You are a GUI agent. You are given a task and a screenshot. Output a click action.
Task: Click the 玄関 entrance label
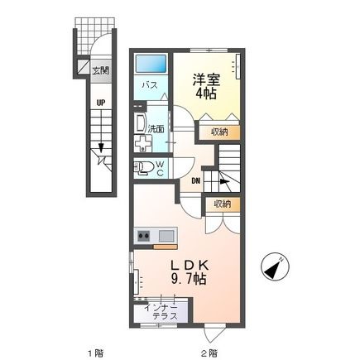point(100,70)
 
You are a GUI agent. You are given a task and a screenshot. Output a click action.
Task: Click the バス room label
point(151,84)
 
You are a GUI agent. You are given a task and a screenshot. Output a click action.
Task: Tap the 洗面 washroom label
point(156,128)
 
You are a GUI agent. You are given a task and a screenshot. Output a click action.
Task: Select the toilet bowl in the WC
point(142,170)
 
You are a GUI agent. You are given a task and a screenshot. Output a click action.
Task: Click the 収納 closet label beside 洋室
point(218,131)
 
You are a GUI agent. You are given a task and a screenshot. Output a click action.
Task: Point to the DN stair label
point(196,182)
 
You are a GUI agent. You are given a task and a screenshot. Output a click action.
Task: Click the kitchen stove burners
point(143,237)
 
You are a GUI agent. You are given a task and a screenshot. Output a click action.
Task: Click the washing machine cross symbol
point(144,142)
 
